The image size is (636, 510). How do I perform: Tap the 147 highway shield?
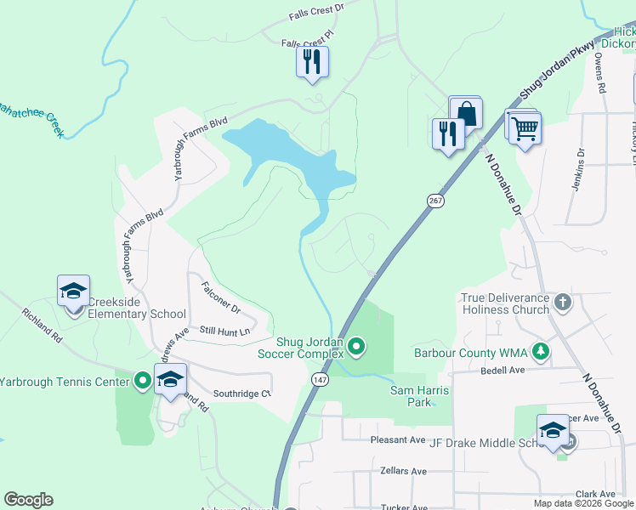(319, 379)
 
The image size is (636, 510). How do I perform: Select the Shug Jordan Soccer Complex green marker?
(357, 345)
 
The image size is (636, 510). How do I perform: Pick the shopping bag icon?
(466, 113)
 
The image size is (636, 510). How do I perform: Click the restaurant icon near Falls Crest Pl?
(312, 61)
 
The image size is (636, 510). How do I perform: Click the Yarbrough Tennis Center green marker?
(142, 381)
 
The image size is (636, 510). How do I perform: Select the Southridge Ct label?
(241, 394)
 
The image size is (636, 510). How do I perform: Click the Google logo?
(28, 500)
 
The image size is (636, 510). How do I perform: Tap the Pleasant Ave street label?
(397, 439)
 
